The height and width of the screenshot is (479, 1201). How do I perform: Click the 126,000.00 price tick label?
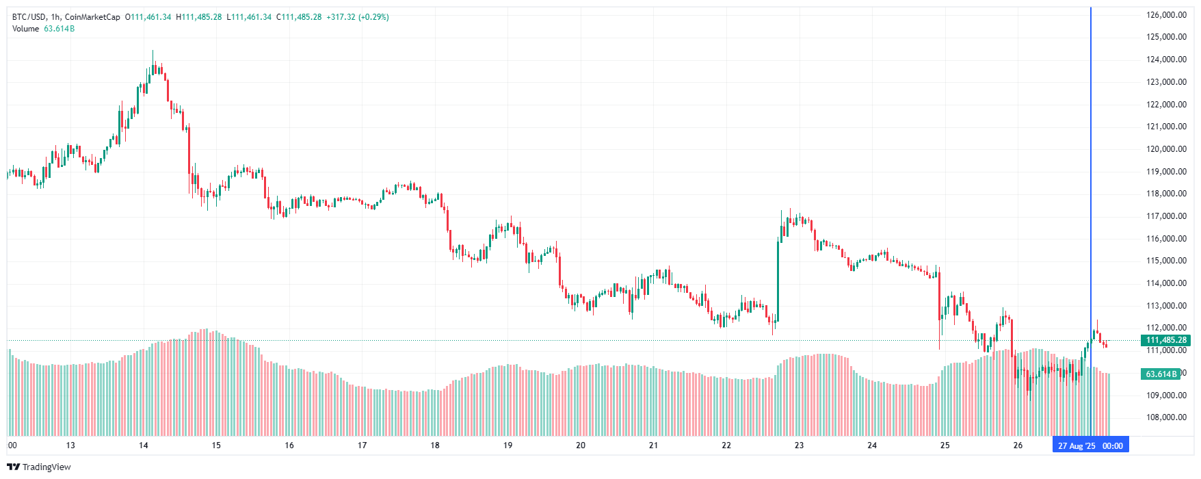pos(1166,15)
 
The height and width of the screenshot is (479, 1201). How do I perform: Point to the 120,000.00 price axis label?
pos(1166,149)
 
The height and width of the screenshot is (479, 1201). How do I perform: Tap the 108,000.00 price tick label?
pos(1166,417)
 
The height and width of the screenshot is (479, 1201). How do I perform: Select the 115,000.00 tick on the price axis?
pos(1166,261)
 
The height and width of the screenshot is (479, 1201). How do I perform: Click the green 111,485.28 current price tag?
pos(1166,340)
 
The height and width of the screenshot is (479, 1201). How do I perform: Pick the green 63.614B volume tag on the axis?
pos(1161,374)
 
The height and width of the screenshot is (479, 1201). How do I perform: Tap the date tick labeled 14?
pos(144,445)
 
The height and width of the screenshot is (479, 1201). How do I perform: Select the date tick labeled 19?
pos(507,445)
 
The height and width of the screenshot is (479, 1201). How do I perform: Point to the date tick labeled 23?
pos(799,445)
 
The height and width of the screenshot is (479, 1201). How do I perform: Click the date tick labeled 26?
pos(1018,445)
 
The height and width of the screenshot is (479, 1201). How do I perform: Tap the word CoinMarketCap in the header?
pos(92,17)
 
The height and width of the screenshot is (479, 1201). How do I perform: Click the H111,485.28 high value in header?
pos(199,17)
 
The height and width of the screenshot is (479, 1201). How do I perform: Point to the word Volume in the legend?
pos(25,29)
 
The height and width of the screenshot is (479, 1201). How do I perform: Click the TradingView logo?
pos(39,467)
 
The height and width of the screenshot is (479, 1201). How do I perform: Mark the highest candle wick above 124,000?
pos(153,52)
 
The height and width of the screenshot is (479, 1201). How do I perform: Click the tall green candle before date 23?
pos(778,281)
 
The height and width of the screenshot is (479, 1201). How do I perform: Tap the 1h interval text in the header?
pos(55,17)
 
